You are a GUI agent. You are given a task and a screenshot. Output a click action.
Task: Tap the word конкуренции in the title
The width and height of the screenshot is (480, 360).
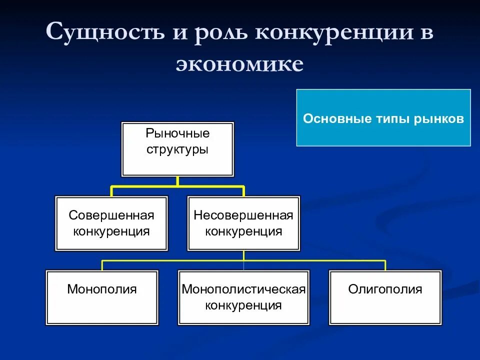coord(334,32)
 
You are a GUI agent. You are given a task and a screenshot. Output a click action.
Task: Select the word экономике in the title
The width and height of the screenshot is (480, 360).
coord(239,63)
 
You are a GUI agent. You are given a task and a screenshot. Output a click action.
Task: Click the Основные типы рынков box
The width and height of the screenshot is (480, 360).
coord(383,118)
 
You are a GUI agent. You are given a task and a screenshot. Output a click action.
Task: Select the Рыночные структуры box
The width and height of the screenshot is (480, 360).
coord(177,149)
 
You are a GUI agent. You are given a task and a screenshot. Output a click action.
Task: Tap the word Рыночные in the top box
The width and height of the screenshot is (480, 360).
coord(177,134)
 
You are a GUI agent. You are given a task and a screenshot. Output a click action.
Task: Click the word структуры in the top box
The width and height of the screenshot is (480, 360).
coord(177,149)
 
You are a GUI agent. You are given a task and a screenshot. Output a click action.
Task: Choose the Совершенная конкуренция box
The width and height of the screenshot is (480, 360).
coord(111,223)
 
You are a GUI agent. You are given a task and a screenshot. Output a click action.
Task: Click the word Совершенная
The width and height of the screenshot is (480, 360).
coord(111,215)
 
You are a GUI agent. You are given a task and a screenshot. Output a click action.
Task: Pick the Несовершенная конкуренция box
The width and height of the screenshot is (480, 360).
coord(243,223)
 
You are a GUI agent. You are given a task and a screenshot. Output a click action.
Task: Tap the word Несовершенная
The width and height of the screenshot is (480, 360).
coord(243,215)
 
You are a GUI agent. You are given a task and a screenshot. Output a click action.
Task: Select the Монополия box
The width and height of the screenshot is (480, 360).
coord(102,297)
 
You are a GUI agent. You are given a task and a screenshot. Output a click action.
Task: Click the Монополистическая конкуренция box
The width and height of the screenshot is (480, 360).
coord(243,297)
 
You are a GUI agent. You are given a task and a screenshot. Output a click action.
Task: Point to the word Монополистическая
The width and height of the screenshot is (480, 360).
coord(243,289)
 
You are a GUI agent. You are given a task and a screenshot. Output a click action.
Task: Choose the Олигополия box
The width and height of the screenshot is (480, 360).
coord(385,297)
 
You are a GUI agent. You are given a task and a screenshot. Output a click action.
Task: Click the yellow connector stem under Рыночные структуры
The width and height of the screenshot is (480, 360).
coord(177,181)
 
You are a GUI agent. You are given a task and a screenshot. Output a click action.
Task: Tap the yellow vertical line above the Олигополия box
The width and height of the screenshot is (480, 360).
coord(385,265)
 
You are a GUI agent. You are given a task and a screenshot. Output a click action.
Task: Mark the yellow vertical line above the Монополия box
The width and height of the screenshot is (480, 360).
coord(102,265)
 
